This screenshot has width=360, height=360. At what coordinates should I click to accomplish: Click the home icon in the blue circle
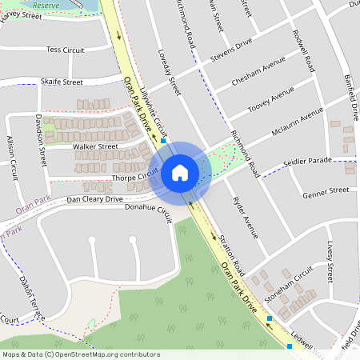pyautogui.click(x=180, y=172)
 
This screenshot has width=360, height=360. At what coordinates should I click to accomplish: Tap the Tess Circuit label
pyautogui.click(x=65, y=50)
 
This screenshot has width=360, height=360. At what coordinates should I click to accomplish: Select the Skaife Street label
pyautogui.click(x=62, y=82)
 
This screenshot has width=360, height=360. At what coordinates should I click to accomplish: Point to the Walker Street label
pyautogui.click(x=94, y=146)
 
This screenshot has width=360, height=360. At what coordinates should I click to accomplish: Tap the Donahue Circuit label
pyautogui.click(x=149, y=210)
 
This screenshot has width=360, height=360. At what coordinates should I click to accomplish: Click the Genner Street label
pyautogui.click(x=326, y=191)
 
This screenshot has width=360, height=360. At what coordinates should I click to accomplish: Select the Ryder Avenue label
pyautogui.click(x=245, y=218)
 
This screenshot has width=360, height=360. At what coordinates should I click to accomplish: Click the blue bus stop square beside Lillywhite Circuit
pyautogui.click(x=163, y=140)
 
